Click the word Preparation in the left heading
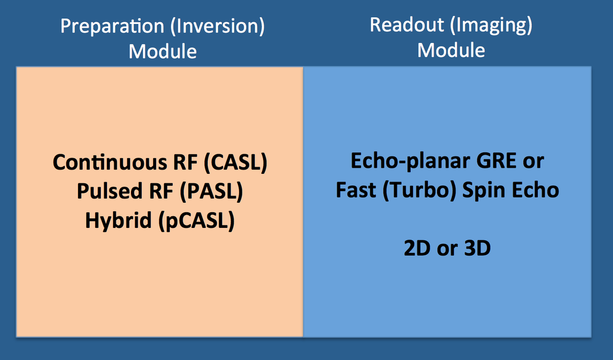click(x=112, y=27)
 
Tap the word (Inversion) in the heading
click(x=217, y=27)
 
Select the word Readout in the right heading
click(x=407, y=25)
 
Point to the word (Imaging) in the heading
click(x=491, y=26)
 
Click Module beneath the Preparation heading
click(x=163, y=51)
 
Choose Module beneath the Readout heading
click(x=451, y=50)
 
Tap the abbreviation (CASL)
click(x=236, y=162)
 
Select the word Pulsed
click(x=107, y=191)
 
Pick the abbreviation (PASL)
click(x=212, y=192)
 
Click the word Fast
click(x=356, y=191)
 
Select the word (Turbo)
click(x=419, y=191)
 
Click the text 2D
click(x=417, y=248)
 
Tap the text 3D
click(x=478, y=248)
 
